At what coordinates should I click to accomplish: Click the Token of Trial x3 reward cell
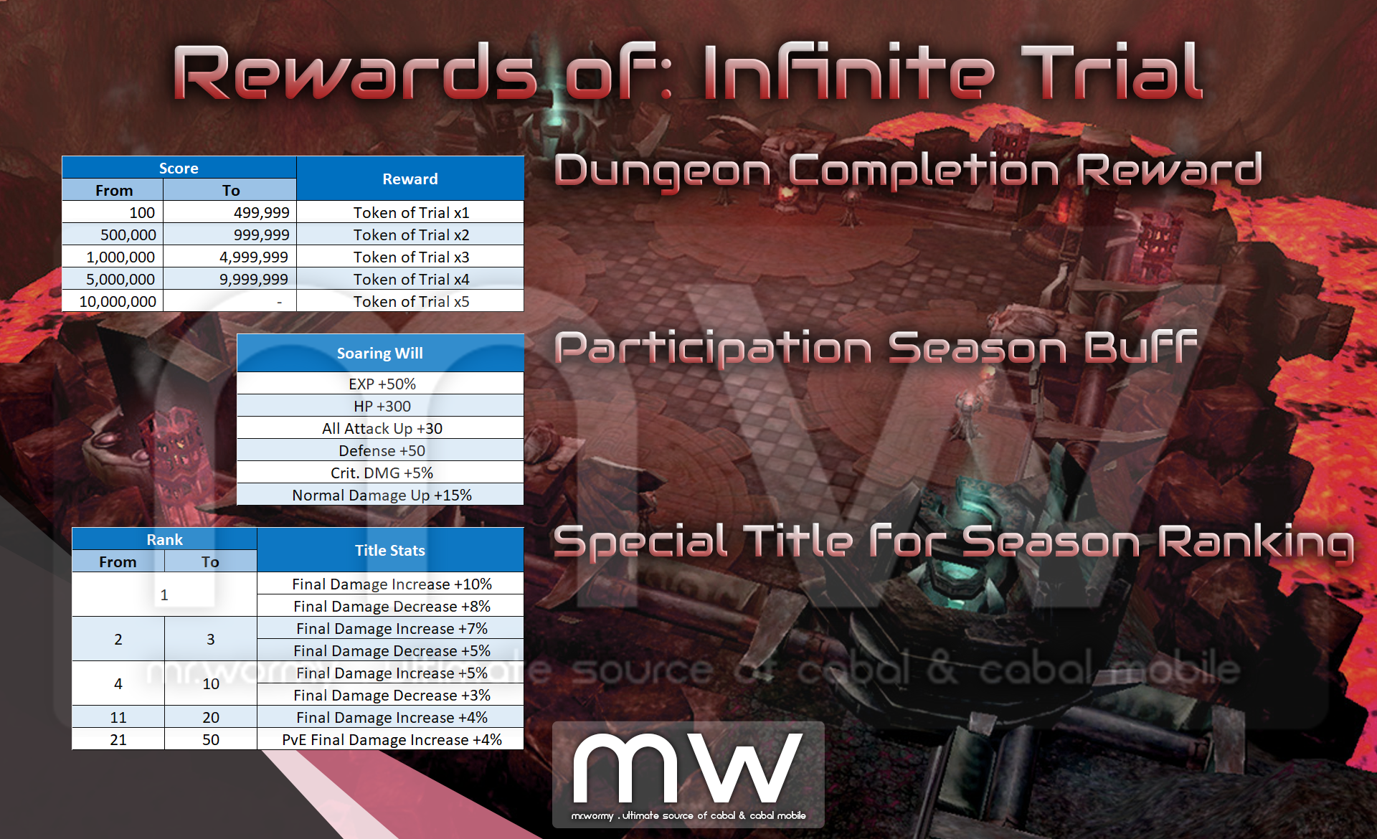click(x=410, y=257)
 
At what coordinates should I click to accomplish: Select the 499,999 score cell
click(x=229, y=212)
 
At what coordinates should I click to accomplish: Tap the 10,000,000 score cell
click(x=113, y=301)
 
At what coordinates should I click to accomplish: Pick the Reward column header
click(x=410, y=179)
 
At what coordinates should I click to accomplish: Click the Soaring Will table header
click(x=380, y=353)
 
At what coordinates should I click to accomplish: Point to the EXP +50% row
click(x=380, y=384)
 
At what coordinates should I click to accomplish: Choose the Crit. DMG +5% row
click(x=380, y=473)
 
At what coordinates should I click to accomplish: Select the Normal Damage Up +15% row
click(x=380, y=495)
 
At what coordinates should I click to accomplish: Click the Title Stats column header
click(x=390, y=550)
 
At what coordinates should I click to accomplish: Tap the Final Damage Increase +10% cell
click(x=390, y=584)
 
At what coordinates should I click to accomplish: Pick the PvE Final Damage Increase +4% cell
click(x=390, y=739)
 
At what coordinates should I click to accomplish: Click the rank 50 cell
click(x=211, y=739)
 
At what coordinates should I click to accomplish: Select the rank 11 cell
click(x=118, y=717)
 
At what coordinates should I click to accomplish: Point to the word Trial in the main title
click(x=1112, y=72)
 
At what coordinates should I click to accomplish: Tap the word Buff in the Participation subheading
click(x=1140, y=347)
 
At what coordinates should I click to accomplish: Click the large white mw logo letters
click(x=687, y=767)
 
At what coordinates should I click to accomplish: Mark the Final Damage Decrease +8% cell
click(x=390, y=606)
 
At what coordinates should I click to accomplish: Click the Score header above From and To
click(x=179, y=168)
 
